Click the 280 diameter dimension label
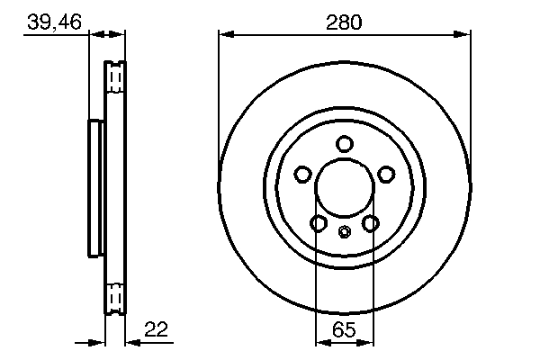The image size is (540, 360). point(344,22)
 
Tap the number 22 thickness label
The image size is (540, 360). point(156,329)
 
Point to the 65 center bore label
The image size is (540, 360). point(344,329)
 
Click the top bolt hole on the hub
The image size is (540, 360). point(345,144)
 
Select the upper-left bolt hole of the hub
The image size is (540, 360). point(303,174)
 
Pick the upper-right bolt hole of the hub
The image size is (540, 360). point(386,174)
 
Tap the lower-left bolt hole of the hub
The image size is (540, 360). point(319,223)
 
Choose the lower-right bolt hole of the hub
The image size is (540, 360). point(370,223)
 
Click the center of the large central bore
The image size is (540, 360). point(345,188)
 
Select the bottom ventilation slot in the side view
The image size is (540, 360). point(114,297)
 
